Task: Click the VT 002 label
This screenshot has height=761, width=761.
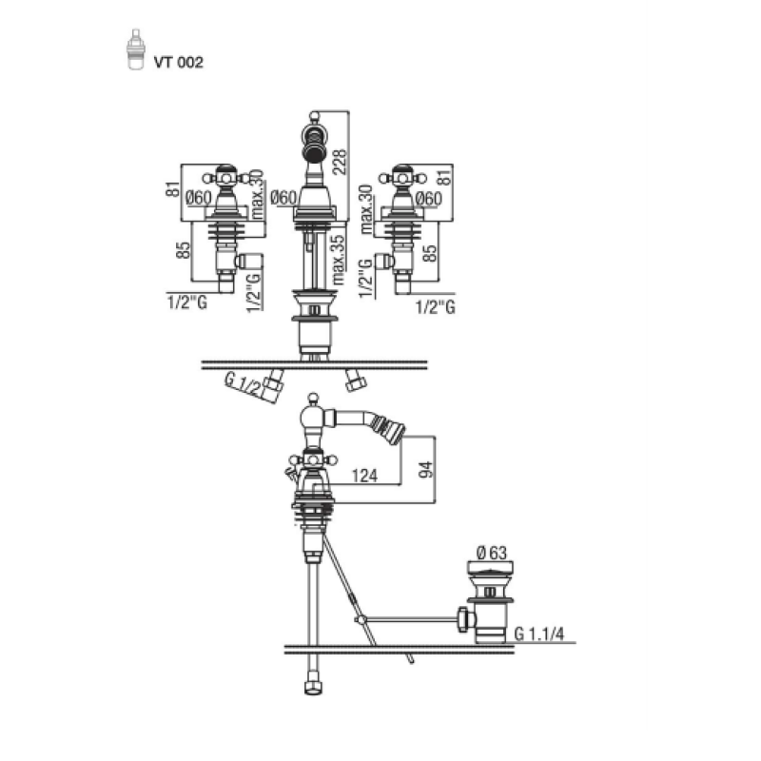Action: tap(178, 62)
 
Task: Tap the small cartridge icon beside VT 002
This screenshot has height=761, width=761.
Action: tap(136, 49)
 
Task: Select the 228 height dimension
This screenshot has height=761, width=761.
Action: tap(340, 162)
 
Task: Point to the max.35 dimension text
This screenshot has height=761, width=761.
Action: tap(339, 260)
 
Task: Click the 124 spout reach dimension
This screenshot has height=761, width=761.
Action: tap(364, 475)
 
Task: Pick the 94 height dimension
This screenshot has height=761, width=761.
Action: tap(425, 469)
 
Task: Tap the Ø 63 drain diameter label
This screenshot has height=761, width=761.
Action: tap(491, 553)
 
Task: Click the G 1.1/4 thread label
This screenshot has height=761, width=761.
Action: tap(539, 634)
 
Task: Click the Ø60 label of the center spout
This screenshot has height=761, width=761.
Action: tap(283, 198)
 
